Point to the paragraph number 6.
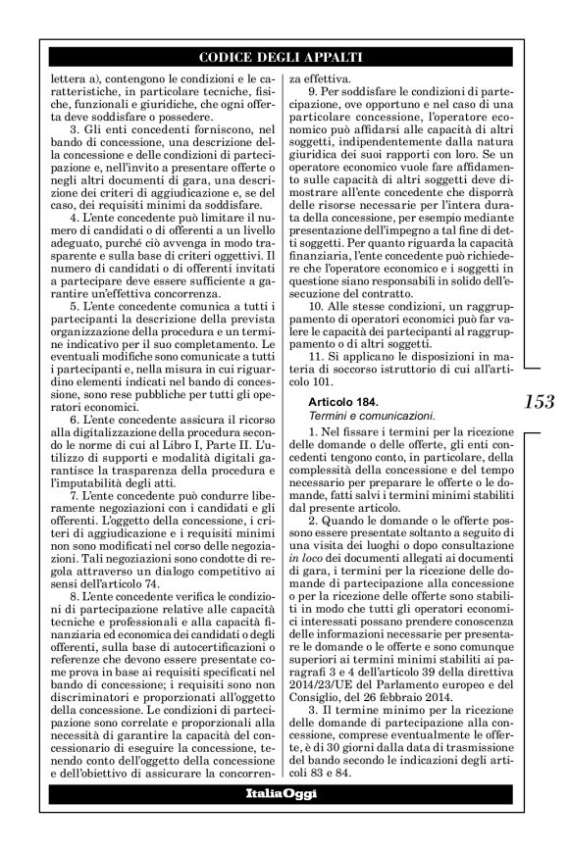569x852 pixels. pyautogui.click(x=76, y=418)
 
